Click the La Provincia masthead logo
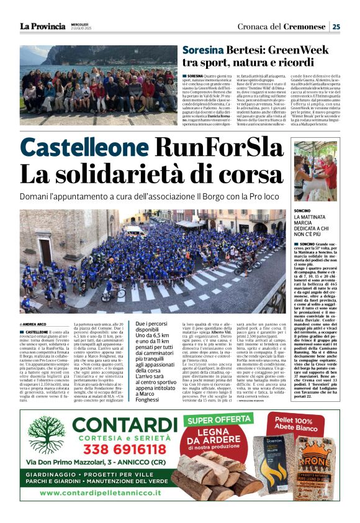42,26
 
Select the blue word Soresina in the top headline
203,50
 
